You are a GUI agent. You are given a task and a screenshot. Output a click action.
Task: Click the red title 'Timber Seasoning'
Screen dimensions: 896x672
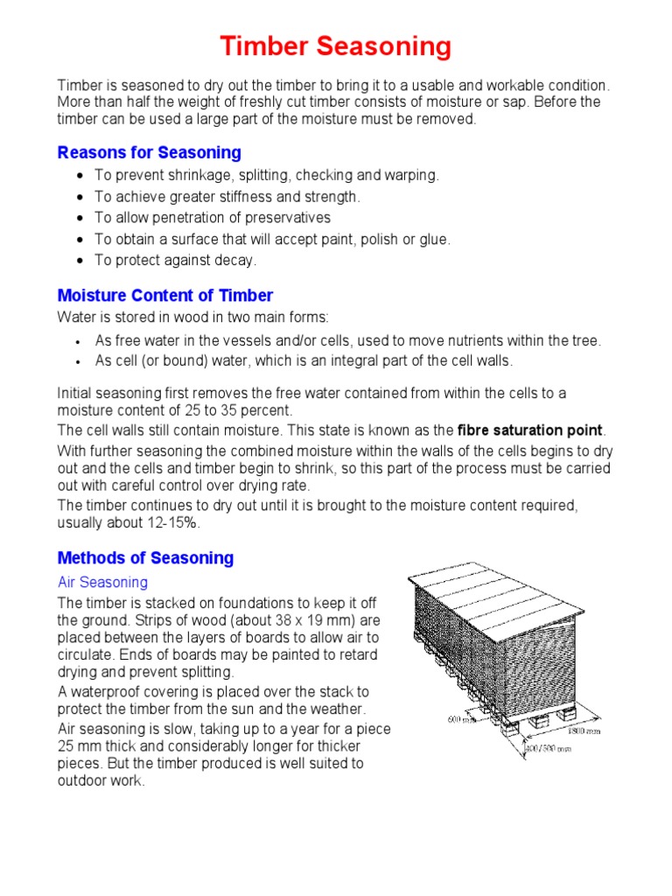tap(336, 46)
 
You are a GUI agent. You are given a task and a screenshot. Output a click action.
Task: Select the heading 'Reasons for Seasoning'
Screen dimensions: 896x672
tap(149, 153)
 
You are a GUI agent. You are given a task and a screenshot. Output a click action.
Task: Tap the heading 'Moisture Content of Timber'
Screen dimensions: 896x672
tap(164, 296)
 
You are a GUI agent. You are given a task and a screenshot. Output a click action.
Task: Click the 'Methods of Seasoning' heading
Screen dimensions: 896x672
tap(145, 558)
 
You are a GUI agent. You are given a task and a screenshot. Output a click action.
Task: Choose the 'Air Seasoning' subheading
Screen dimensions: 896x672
tap(102, 582)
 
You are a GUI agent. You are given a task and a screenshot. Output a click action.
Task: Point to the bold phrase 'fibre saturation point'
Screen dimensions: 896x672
tap(530, 430)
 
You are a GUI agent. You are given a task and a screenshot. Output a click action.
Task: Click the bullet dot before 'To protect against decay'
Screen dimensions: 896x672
tap(80, 261)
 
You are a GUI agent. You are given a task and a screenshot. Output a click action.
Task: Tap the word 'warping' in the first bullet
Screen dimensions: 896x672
tap(414, 175)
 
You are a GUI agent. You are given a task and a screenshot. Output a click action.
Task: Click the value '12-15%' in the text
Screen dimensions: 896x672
tap(176, 523)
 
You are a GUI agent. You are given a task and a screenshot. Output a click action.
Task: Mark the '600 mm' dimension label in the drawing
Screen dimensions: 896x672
tap(462, 719)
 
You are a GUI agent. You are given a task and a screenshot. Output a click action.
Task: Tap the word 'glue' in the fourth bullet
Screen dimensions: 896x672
tap(434, 239)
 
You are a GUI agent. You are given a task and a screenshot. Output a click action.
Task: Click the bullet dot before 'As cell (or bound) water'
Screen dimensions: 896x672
tap(80, 361)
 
